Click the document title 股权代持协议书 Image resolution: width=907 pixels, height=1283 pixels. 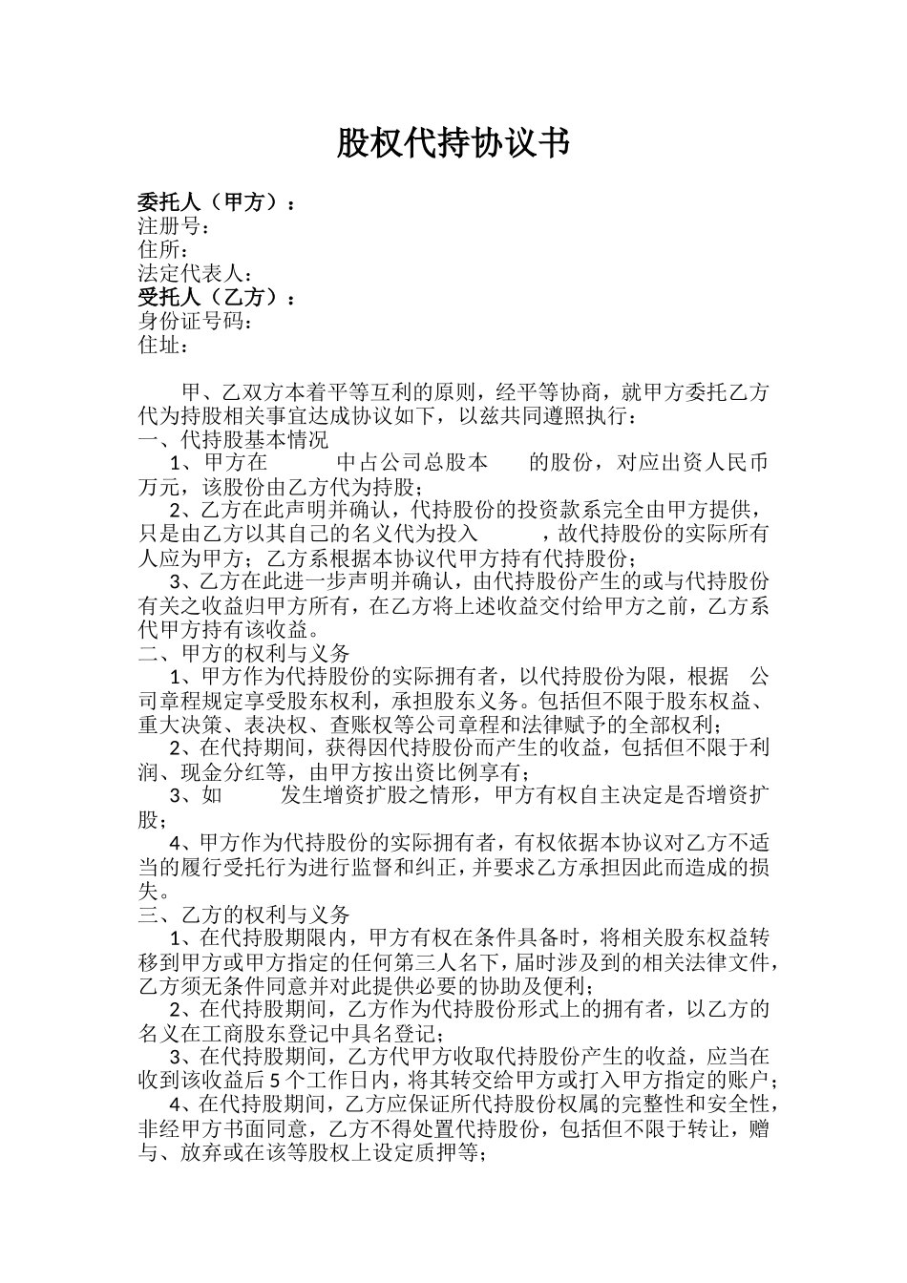click(453, 144)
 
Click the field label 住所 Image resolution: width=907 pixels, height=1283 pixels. click(158, 250)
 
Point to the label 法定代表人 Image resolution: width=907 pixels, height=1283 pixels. click(191, 274)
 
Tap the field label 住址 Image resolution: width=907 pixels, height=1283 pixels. click(158, 346)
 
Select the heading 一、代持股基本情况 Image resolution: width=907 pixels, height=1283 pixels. click(233, 440)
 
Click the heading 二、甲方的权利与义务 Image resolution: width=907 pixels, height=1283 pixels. click(244, 654)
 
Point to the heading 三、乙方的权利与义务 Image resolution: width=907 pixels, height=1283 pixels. click(244, 915)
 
